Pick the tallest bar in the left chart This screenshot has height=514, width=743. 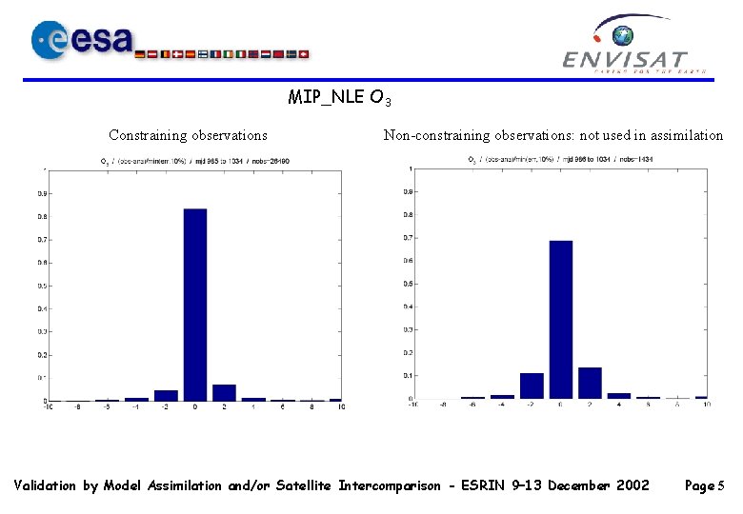click(x=195, y=305)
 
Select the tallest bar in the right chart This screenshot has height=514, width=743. click(x=561, y=320)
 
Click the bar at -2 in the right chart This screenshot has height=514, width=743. click(x=532, y=385)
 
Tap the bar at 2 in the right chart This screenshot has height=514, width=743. click(x=591, y=383)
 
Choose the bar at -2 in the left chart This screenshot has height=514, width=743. click(x=166, y=395)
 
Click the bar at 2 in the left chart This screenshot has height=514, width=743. click(x=225, y=392)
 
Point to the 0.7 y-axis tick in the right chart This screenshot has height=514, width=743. click(x=407, y=238)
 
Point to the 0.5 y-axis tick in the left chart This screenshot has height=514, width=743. click(x=41, y=286)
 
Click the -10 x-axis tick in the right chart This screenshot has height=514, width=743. click(x=412, y=405)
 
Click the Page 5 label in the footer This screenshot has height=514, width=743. click(x=705, y=486)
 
